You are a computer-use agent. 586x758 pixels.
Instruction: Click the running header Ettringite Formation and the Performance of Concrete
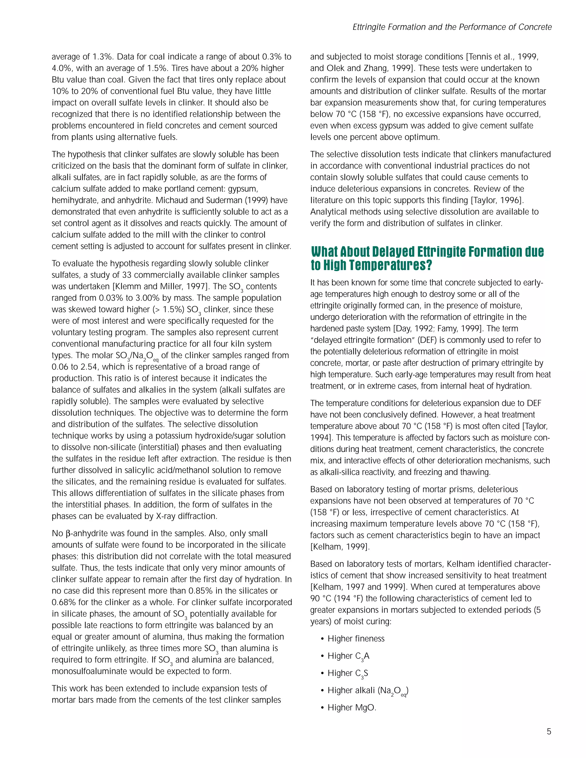click(x=452, y=27)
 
